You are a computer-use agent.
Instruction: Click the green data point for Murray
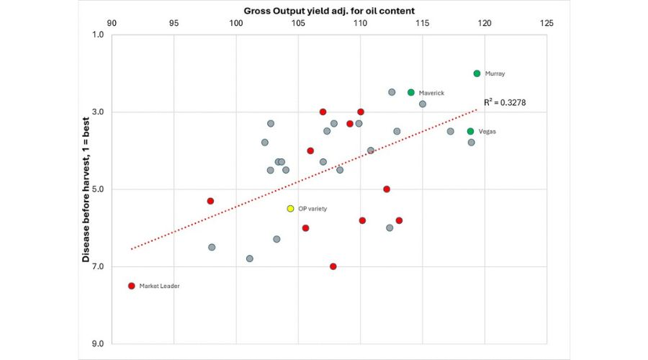[477, 73]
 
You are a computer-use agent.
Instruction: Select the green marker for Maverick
[411, 92]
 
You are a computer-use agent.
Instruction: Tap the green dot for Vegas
[470, 131]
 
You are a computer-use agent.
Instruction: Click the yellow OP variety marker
[290, 208]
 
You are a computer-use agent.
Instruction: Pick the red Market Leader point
[131, 286]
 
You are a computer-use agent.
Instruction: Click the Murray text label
[495, 73]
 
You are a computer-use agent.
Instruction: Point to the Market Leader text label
[159, 286]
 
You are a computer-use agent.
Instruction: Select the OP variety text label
[312, 208]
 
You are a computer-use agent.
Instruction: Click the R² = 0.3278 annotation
[505, 103]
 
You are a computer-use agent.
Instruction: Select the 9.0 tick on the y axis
[96, 343]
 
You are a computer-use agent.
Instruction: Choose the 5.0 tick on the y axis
[96, 189]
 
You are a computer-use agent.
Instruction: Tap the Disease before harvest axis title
[86, 189]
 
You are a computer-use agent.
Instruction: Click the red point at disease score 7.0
[333, 266]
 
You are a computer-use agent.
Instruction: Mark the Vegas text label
[487, 131]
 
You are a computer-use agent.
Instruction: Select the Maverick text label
[431, 93]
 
